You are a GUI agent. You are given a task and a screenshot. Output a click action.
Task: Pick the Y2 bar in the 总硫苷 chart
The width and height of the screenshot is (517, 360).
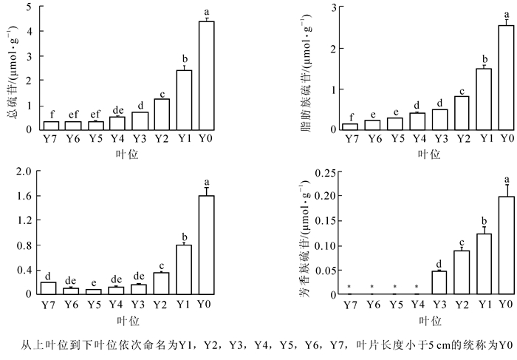click(162, 114)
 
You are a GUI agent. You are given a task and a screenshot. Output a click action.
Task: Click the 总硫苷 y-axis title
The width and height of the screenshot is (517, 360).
click(10, 67)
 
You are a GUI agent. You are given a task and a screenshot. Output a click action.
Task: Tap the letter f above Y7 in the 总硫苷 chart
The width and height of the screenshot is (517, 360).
click(51, 115)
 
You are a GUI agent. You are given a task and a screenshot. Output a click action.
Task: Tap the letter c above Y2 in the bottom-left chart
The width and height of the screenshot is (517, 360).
click(162, 266)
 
